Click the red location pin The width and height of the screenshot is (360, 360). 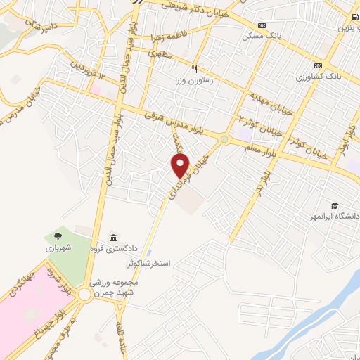181,165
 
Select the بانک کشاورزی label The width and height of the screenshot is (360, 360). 318,77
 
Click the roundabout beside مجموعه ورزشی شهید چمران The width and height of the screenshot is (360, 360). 86,295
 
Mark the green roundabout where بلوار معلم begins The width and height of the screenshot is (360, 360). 224,140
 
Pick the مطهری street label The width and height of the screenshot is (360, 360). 160,53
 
